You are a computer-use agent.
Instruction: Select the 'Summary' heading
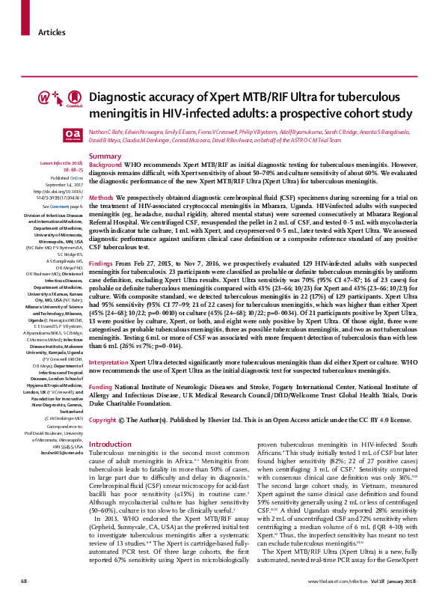click(105, 156)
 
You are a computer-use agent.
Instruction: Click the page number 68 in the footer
click(24, 581)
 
